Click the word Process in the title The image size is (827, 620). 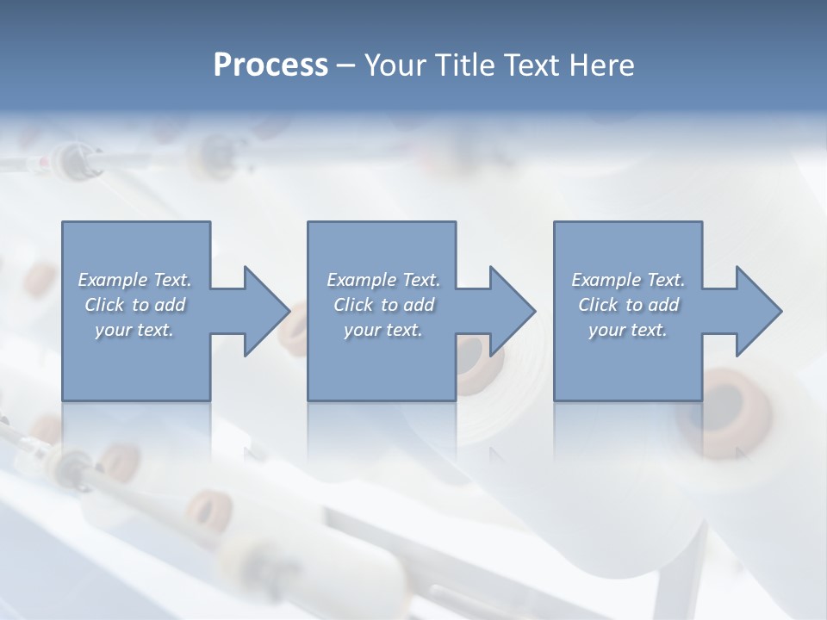270,65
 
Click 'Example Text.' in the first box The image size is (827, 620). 135,280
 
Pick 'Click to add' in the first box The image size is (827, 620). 135,305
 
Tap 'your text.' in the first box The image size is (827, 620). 135,330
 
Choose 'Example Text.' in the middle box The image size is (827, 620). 383,280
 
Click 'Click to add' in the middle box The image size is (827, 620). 383,305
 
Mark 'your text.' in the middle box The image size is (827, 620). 383,330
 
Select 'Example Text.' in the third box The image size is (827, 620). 628,280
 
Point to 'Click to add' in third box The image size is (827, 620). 628,305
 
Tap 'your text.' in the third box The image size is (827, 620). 628,330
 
